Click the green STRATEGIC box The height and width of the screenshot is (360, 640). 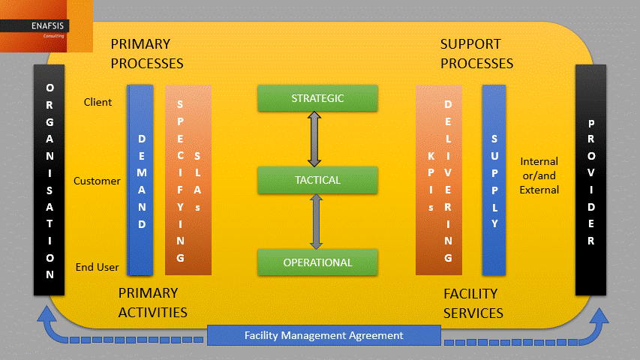[317, 98]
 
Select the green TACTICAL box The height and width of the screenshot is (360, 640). [317, 180]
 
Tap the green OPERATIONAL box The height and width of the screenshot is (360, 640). [317, 262]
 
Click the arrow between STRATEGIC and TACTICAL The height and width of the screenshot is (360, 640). [315, 139]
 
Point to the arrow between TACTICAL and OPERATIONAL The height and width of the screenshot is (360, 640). [316, 221]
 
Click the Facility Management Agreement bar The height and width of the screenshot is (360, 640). [323, 336]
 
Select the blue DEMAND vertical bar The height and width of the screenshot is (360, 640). [141, 181]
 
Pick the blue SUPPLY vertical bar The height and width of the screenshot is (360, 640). [494, 181]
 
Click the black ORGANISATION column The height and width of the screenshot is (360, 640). [50, 181]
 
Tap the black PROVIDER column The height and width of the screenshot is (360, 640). [590, 181]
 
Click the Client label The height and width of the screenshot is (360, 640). [98, 102]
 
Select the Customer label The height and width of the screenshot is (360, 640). [97, 181]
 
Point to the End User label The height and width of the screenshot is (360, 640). [98, 267]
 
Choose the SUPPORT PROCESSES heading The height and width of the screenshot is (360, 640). [476, 54]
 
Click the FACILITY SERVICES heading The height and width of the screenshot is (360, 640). [473, 303]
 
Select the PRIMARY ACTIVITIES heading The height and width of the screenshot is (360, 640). [153, 302]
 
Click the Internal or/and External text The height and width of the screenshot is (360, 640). [539, 175]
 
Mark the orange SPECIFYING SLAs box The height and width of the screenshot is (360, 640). [188, 181]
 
